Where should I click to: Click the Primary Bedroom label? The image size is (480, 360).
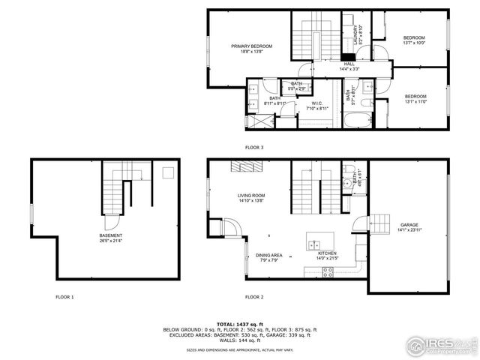coord(251,46)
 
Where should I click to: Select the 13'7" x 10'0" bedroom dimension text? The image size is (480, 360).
coord(414,43)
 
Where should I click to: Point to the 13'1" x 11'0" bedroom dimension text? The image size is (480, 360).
coord(415,101)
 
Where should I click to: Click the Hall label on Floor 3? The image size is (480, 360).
coord(349,64)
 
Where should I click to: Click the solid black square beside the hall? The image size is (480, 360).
coord(347,55)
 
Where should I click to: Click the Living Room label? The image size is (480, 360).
coord(251,196)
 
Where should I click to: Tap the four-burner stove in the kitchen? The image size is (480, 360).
coord(328,273)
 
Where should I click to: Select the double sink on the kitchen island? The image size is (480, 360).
coord(313,244)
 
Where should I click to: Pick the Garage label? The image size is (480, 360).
coord(409,225)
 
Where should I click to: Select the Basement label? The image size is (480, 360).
coord(89,236)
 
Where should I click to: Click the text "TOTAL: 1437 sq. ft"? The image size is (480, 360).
coord(241,322)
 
